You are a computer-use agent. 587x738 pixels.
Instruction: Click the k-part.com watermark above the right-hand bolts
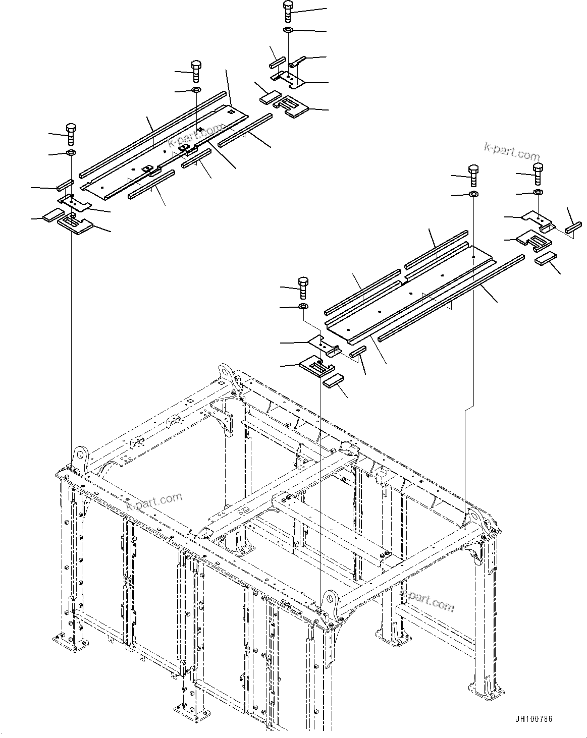point(511,150)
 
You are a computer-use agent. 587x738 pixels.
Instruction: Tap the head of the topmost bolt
point(288,6)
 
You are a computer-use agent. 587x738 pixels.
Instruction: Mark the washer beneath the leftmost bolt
point(71,153)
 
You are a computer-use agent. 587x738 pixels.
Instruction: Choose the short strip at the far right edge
point(574,228)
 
